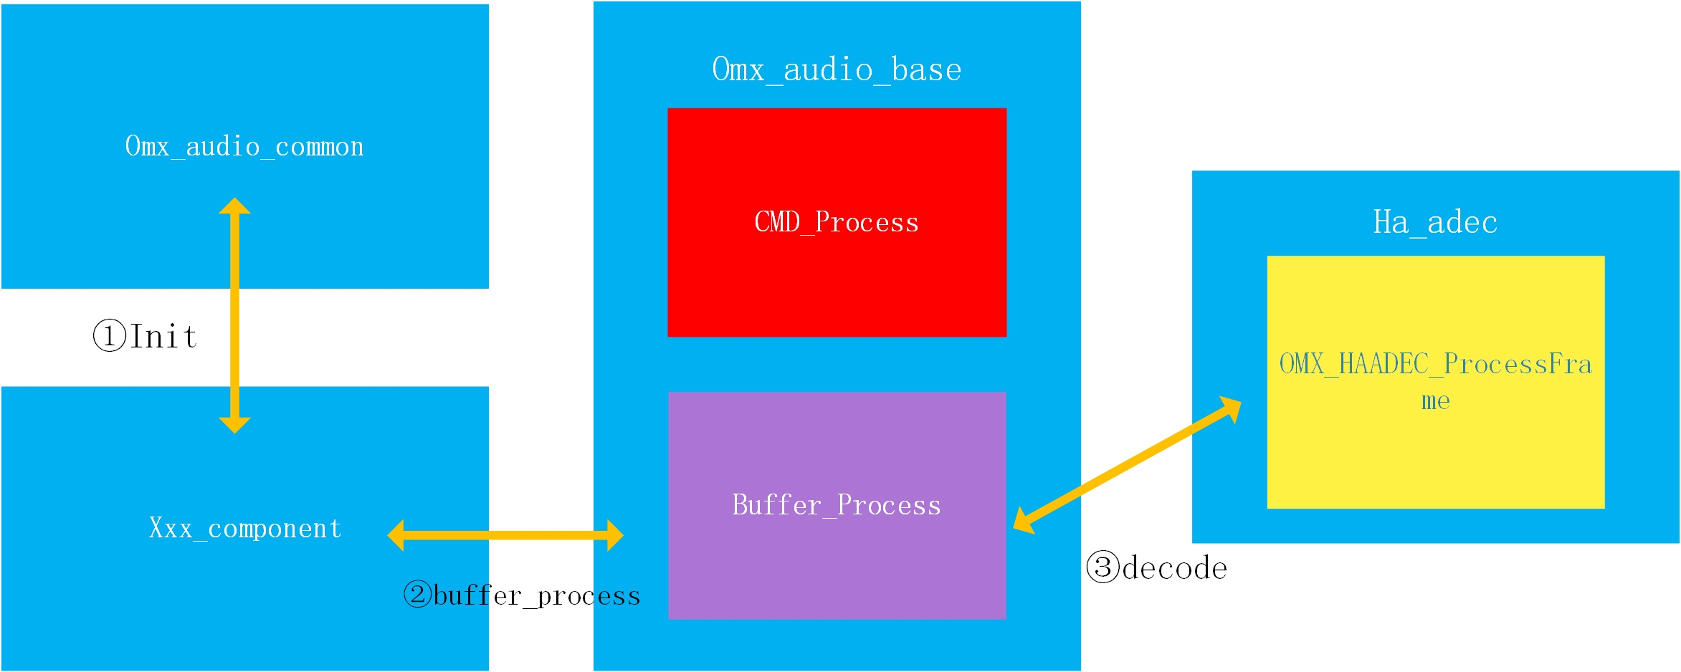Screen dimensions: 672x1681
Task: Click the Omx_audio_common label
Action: coord(244,147)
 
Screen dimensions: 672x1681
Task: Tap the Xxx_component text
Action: coord(244,529)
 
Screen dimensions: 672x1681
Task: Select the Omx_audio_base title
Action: coord(837,70)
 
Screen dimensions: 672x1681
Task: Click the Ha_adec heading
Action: coord(1435,222)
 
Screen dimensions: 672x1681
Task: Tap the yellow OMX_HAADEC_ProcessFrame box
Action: coord(1435,459)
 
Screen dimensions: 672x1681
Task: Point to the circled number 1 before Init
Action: coord(110,335)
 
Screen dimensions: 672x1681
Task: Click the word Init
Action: coord(163,337)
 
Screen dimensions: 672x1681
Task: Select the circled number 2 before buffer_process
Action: coord(417,595)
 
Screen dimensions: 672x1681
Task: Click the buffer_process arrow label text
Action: coord(536,596)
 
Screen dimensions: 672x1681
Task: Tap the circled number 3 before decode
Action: coord(1103,567)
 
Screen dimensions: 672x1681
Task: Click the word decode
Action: coord(1175,568)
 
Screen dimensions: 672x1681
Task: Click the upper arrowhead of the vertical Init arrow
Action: coord(234,206)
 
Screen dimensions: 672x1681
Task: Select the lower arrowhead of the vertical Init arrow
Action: coord(234,426)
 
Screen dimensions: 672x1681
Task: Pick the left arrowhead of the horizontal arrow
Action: coord(396,535)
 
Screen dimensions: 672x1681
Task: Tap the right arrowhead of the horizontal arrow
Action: coord(615,535)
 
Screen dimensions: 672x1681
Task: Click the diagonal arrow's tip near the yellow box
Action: coord(1233,408)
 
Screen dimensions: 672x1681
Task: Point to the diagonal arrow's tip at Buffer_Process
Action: coord(1022,522)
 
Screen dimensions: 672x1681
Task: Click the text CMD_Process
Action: coord(837,222)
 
